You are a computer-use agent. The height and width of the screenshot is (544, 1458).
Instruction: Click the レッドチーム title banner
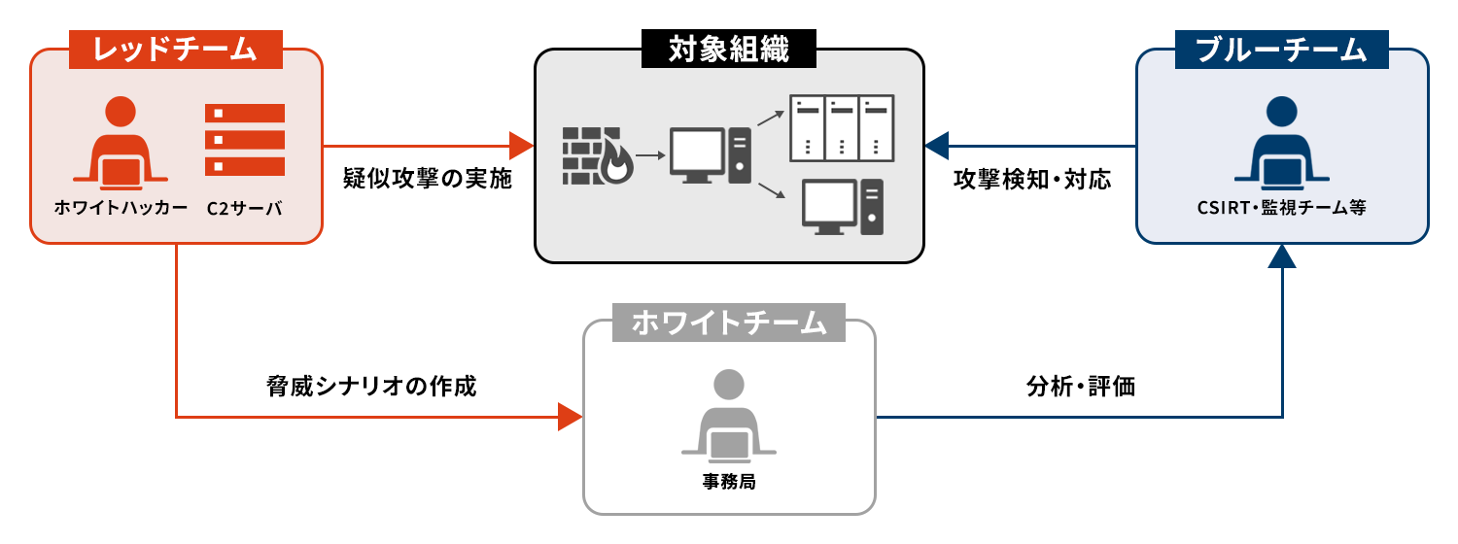(x=175, y=50)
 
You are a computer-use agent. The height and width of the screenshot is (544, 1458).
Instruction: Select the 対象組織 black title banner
(x=729, y=50)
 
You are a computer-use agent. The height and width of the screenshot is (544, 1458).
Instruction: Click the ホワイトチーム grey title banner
(x=729, y=323)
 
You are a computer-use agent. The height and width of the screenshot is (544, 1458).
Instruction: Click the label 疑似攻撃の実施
(x=428, y=180)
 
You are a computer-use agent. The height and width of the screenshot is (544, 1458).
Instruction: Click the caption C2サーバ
(x=244, y=207)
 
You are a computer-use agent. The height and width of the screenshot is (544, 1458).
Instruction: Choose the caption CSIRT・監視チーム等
(x=1282, y=207)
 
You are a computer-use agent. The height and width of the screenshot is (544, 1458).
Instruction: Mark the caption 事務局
(x=728, y=480)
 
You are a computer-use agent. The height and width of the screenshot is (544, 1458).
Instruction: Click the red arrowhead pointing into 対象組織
(x=522, y=146)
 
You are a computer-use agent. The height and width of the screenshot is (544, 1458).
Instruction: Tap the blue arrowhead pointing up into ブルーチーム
(x=1283, y=255)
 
